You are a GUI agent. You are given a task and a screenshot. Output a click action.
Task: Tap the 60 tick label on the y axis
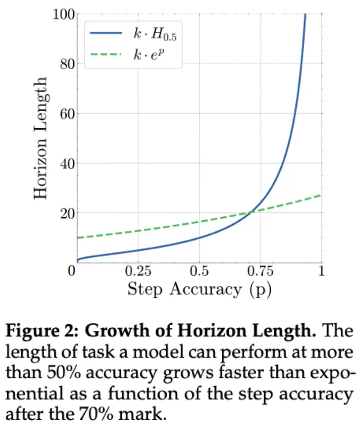click(67, 114)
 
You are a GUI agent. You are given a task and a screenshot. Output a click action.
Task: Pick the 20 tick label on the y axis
click(67, 213)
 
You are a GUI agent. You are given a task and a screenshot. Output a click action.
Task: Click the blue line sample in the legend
click(105, 34)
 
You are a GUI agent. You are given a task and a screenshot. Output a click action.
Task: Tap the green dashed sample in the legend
click(105, 54)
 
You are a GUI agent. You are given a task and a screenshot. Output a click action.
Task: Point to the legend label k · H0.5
click(154, 35)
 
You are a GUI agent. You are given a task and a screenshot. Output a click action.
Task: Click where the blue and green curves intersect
click(252, 211)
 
